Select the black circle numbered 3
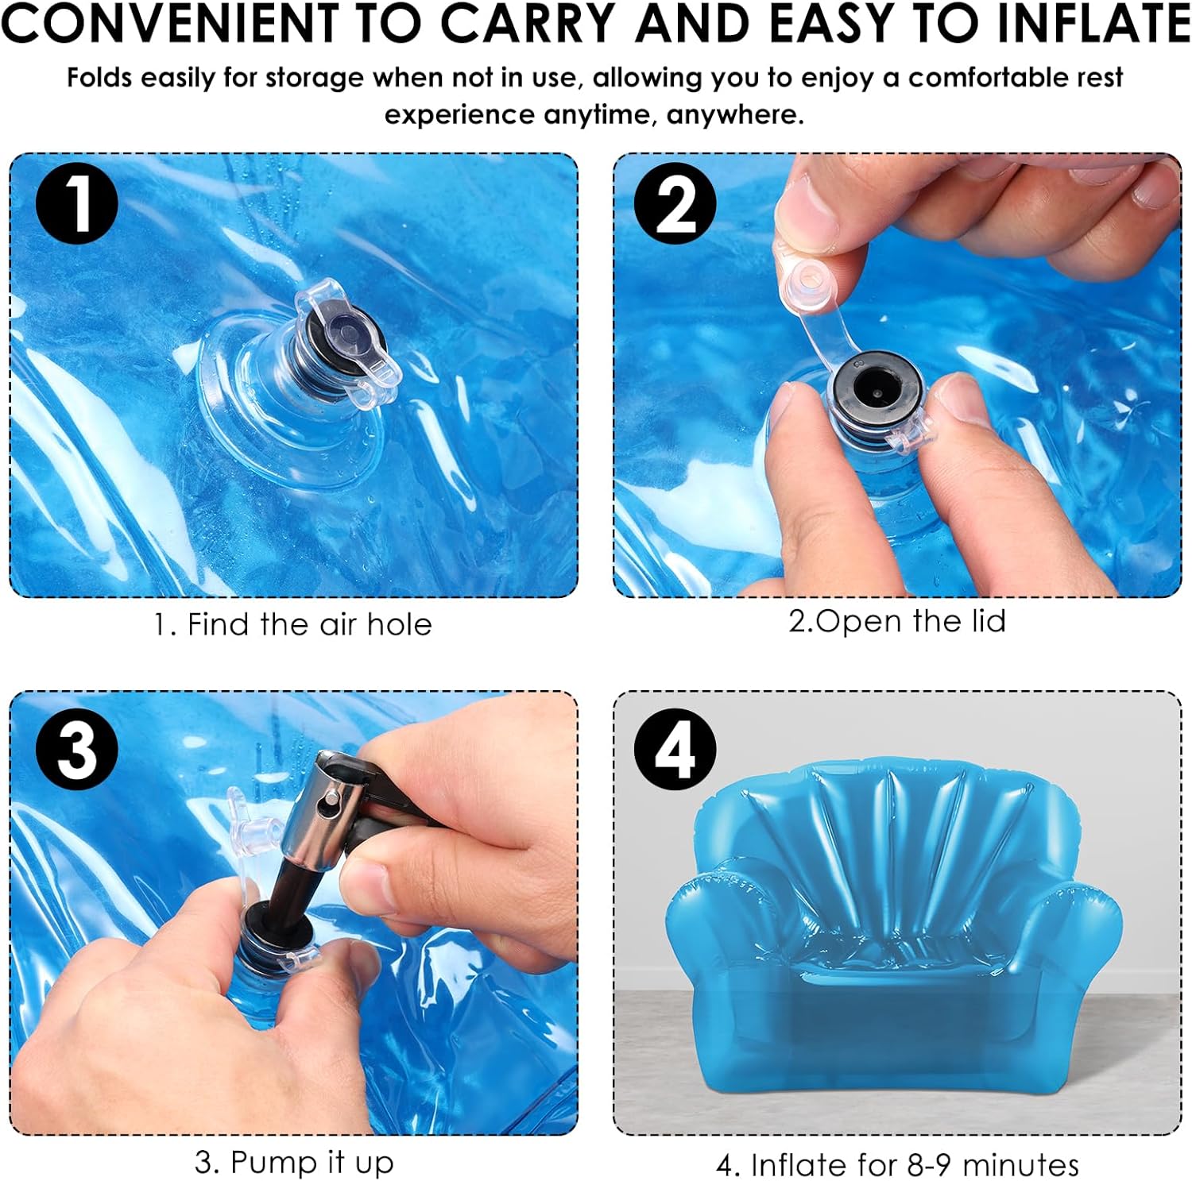[x=77, y=748]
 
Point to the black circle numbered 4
[x=675, y=748]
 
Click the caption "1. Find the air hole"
[x=293, y=624]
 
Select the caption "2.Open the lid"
[x=897, y=621]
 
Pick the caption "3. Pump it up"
[x=294, y=1163]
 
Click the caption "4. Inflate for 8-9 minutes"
[x=897, y=1165]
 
